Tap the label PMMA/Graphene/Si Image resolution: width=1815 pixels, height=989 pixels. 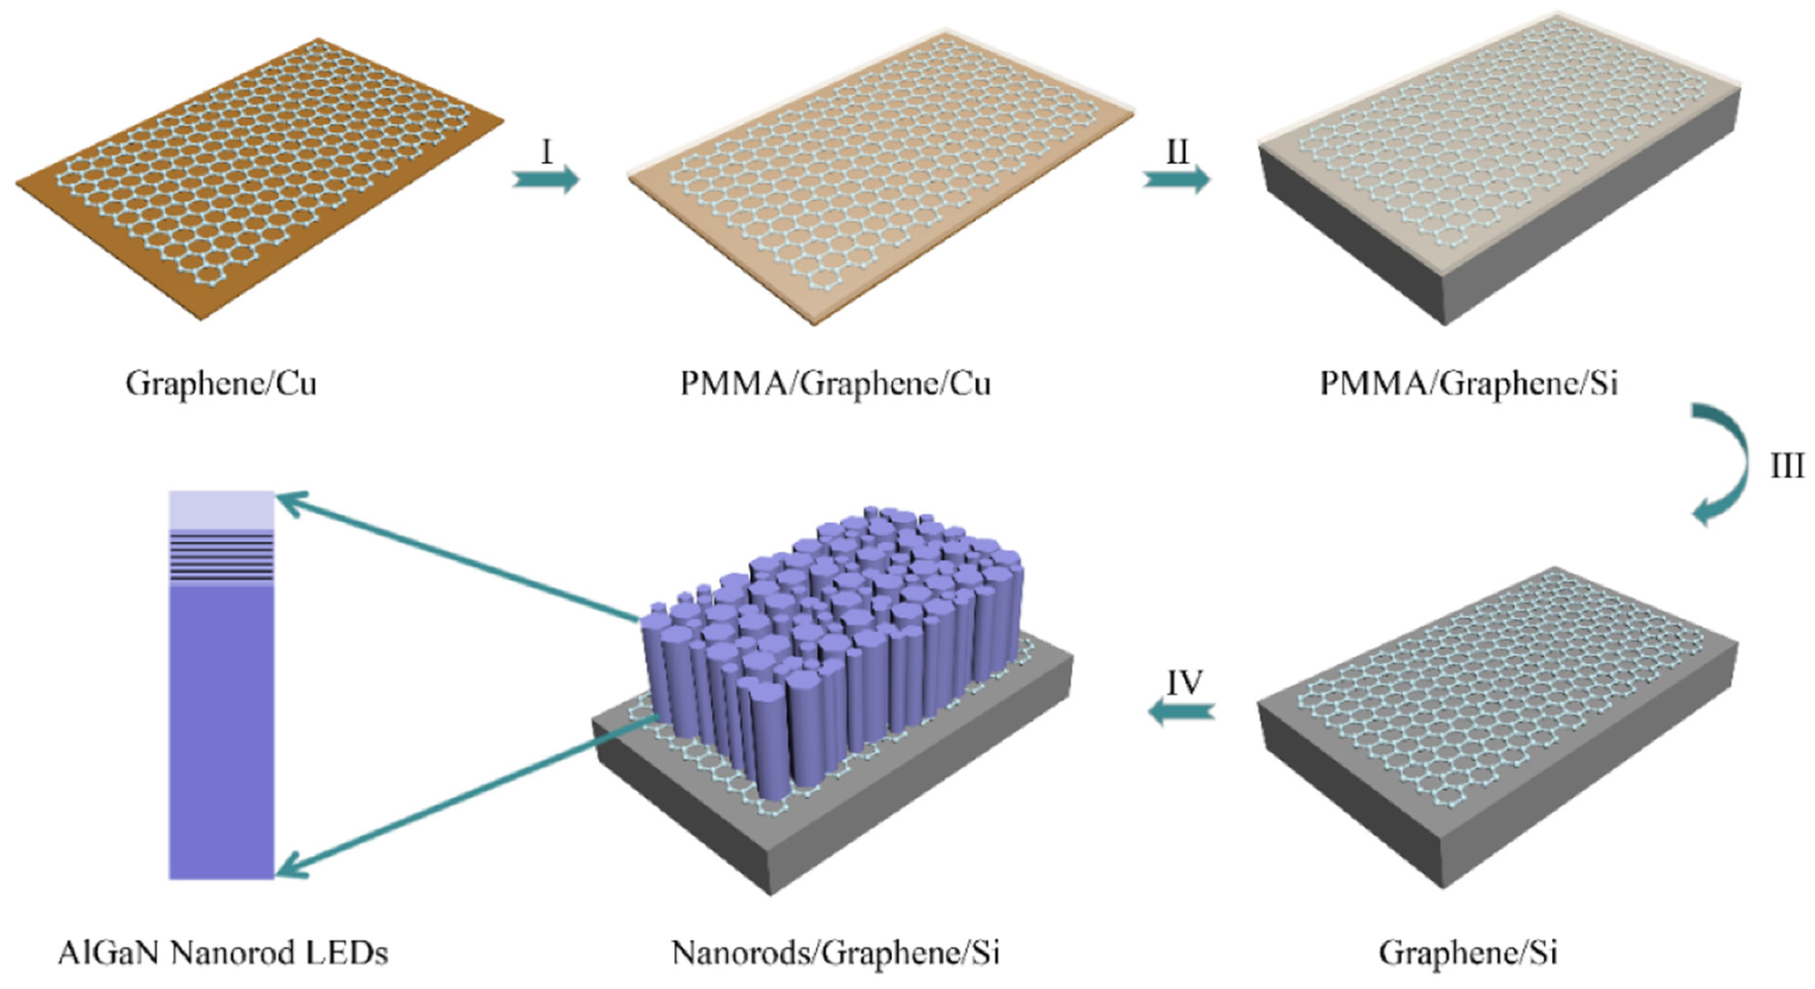[x=1469, y=384]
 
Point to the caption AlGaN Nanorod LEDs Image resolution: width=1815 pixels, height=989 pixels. [x=223, y=953]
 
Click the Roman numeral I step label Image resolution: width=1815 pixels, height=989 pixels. [x=547, y=152]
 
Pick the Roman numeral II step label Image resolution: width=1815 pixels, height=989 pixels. [x=1177, y=152]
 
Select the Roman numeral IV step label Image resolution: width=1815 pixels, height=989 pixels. [x=1185, y=682]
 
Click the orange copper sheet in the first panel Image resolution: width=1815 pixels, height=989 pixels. [x=106, y=233]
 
